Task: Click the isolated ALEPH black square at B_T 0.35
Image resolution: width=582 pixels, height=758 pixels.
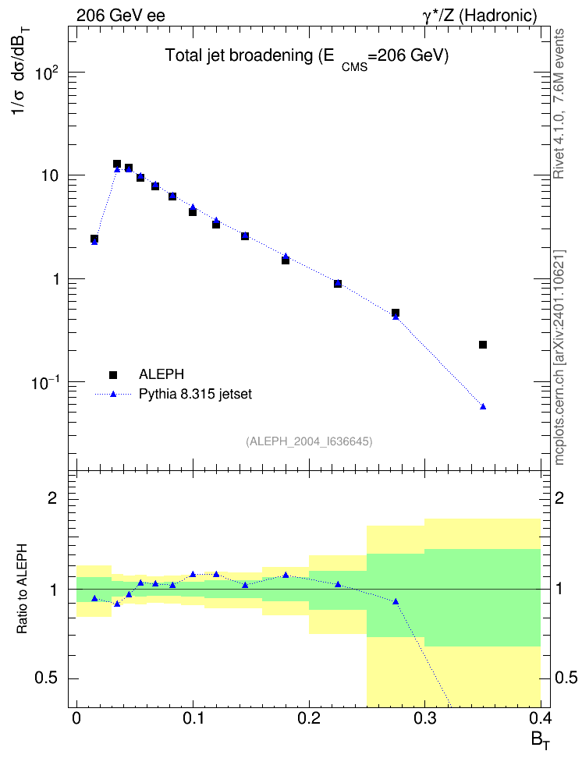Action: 482,345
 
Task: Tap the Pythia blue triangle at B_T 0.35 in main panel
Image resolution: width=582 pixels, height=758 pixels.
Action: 483,406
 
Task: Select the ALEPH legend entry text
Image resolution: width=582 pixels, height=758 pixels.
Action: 161,374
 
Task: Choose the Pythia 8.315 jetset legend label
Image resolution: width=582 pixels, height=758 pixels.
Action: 196,394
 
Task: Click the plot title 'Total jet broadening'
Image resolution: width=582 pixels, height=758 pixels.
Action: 239,55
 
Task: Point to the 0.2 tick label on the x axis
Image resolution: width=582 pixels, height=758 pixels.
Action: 309,718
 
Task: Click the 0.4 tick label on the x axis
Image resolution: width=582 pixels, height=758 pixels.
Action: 541,718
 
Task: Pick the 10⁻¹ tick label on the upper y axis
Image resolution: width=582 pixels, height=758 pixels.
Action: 44,384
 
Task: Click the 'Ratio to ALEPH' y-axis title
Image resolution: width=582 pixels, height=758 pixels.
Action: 22,589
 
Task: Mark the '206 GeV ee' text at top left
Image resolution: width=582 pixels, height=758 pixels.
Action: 120,16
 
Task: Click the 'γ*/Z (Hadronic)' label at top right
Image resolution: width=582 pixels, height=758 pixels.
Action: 480,16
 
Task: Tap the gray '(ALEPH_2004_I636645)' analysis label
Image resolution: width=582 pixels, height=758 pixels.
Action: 309,441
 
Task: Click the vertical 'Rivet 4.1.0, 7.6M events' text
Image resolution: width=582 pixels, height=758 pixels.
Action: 559,104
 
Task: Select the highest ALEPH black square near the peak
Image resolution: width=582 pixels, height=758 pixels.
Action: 116,164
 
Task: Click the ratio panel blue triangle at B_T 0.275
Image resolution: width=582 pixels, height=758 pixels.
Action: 396,601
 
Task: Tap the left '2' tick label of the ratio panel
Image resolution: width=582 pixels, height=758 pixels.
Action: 52,498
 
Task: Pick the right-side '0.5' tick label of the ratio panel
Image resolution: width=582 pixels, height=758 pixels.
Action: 566,678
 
